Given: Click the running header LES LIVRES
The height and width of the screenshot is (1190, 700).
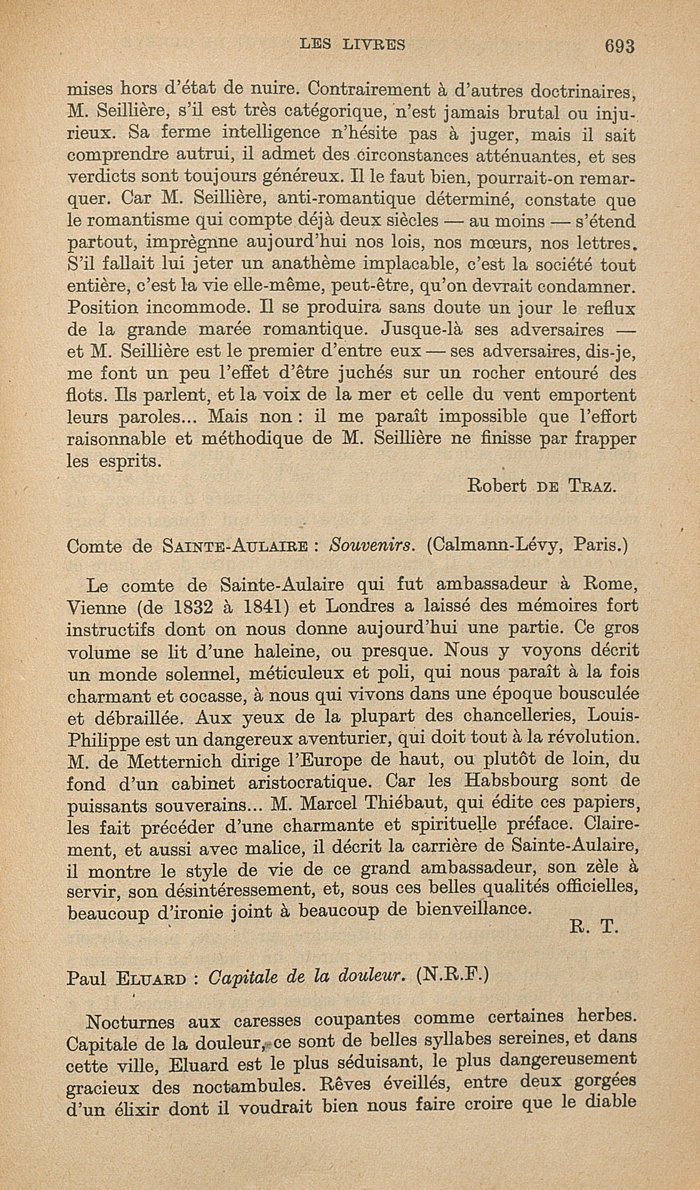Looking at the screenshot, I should tap(352, 44).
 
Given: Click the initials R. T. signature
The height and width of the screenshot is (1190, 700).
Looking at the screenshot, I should tap(594, 926).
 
